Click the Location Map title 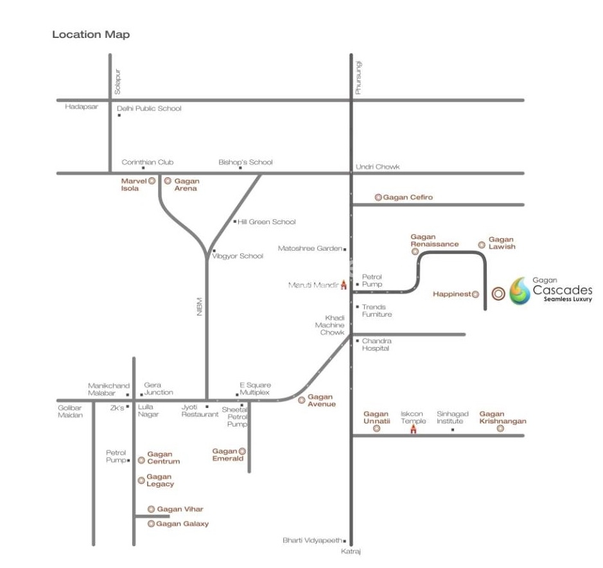pyautogui.click(x=91, y=35)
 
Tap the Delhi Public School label pyautogui.click(x=149, y=109)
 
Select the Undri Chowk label pyautogui.click(x=378, y=167)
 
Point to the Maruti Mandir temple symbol pyautogui.click(x=344, y=285)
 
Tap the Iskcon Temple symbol pyautogui.click(x=414, y=429)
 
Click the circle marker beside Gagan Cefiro pyautogui.click(x=378, y=197)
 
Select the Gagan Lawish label pyautogui.click(x=502, y=243)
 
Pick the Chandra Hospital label pyautogui.click(x=376, y=344)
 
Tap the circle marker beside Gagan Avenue pyautogui.click(x=301, y=400)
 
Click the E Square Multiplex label pyautogui.click(x=255, y=389)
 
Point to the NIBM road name pyautogui.click(x=200, y=305)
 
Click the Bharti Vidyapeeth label pyautogui.click(x=312, y=540)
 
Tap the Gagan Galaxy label pyautogui.click(x=182, y=524)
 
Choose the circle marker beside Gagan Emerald pyautogui.click(x=242, y=451)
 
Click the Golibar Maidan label pyautogui.click(x=70, y=411)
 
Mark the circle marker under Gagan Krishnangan pyautogui.click(x=500, y=429)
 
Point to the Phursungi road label pyautogui.click(x=358, y=77)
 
